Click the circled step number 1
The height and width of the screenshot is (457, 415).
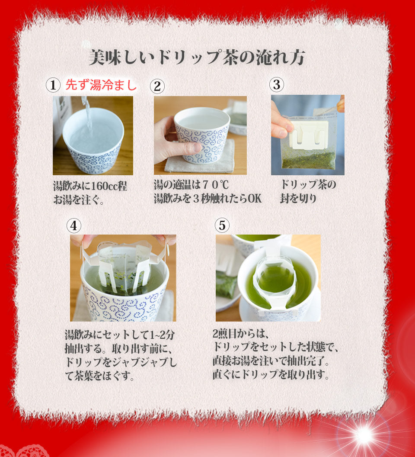coord(53,85)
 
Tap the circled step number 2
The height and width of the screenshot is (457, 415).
coord(157,86)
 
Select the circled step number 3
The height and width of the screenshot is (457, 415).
coord(276,84)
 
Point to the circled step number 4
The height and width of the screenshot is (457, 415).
coord(73,225)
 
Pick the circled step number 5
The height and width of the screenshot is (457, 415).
coord(222,225)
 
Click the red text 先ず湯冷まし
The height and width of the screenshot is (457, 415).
coord(101,85)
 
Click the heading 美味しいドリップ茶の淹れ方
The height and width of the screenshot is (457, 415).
coord(197,57)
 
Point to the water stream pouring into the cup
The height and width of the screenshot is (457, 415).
coord(87,114)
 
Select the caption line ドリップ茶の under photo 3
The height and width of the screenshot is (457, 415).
coord(308,184)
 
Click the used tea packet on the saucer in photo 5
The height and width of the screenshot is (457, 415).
coord(227,284)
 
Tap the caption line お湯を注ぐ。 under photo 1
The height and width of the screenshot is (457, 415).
coord(78,200)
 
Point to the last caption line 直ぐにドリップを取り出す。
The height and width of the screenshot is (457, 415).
coord(271,374)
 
